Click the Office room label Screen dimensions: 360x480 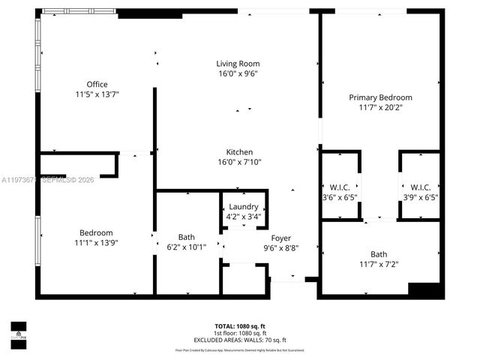97,84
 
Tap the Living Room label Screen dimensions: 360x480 238,64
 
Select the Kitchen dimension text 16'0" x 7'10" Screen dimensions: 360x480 239,162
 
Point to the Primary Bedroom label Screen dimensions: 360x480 380,97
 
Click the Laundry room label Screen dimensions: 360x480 244,207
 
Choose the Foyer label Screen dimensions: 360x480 281,238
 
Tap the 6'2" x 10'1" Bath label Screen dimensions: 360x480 187,237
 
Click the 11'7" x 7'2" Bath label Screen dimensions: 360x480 379,254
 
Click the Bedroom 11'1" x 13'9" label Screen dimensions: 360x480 97,232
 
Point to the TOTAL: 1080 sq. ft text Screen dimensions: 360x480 240,326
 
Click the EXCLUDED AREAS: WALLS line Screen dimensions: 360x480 240,340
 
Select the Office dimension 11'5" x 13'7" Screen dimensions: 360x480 97,94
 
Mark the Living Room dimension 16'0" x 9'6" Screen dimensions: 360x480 238,75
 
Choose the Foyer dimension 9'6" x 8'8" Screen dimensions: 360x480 281,248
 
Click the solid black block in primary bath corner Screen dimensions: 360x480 424,289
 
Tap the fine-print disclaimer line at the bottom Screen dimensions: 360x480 240,349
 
